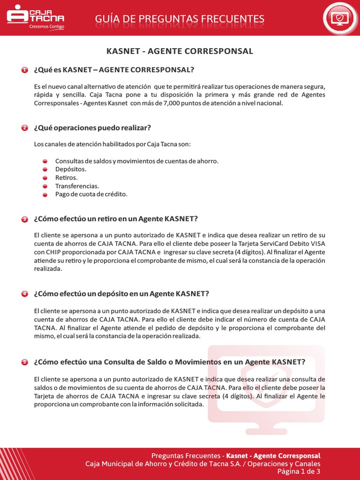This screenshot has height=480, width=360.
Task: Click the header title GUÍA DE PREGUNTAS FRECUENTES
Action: pos(180,19)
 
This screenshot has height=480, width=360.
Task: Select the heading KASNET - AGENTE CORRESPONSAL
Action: pos(180,51)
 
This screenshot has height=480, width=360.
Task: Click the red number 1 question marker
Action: pos(25,70)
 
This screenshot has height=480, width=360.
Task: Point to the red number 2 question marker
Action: pos(25,128)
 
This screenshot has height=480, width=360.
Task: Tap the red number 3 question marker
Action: pos(25,219)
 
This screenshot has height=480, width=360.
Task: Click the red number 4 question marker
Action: pos(25,294)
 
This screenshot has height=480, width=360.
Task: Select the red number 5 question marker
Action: pos(25,362)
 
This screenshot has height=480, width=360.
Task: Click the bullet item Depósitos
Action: pos(71,169)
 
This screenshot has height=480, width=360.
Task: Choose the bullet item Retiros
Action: pos(67,178)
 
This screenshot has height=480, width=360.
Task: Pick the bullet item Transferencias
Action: pos(77,186)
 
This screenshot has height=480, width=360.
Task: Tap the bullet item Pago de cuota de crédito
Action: pos(91,194)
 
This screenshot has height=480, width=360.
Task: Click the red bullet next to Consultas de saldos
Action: pos(45,161)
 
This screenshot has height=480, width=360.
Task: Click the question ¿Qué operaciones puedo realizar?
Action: pos(92,128)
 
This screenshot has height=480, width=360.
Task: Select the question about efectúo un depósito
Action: pos(121,294)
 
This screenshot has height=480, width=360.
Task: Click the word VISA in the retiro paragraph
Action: pos(317,244)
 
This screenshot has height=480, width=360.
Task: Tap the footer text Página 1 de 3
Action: pos(299,472)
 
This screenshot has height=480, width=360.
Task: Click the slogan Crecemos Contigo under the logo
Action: pos(46,27)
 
